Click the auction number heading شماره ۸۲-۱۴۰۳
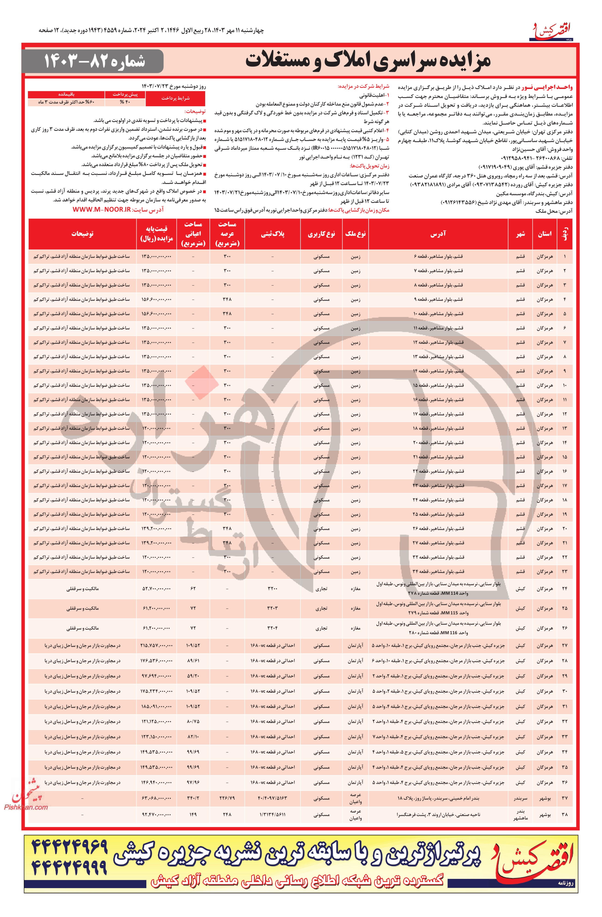click(x=94, y=61)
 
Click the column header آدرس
click(x=442, y=234)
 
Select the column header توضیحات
click(x=82, y=234)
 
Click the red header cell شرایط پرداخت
click(x=175, y=98)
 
